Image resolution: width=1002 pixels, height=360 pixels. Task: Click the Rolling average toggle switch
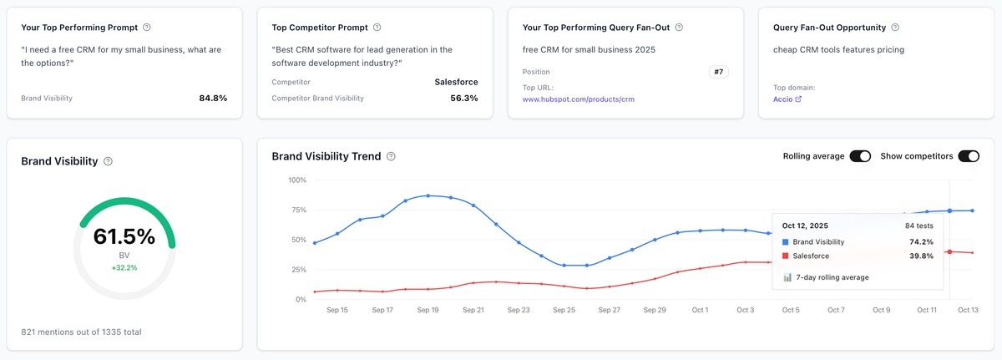[860, 156]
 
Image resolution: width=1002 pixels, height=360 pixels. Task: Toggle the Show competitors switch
[969, 156]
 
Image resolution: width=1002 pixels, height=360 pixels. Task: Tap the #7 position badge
[718, 72]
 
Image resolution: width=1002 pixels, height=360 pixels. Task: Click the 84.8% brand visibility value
[213, 98]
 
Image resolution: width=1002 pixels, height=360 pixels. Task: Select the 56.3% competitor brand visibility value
[463, 98]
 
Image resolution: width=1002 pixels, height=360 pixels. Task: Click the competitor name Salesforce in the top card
[456, 82]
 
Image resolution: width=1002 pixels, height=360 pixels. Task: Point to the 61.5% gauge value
[124, 236]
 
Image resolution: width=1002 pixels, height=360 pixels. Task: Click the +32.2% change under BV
[124, 268]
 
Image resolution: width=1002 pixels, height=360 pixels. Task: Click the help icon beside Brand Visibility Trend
[392, 156]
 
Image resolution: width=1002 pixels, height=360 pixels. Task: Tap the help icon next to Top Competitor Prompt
[377, 28]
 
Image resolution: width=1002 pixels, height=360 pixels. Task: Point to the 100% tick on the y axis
[296, 180]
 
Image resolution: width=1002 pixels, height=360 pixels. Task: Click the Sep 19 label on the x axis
[428, 310]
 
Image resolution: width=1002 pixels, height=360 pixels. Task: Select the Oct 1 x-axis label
[699, 310]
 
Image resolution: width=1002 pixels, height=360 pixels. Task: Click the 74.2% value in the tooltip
[919, 241]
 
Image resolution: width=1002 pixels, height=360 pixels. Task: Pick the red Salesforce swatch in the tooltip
[786, 256]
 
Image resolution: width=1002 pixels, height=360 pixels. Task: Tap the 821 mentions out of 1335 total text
[81, 332]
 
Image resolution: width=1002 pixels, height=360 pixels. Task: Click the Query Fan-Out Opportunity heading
[830, 28]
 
